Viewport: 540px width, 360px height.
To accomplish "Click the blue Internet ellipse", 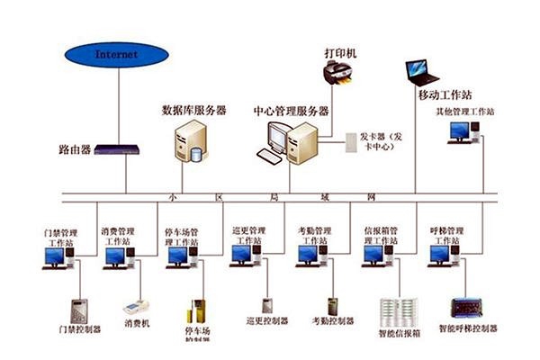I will [x=118, y=56].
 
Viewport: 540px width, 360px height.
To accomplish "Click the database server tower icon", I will [x=191, y=141].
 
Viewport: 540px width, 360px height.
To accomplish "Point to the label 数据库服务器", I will [x=193, y=110].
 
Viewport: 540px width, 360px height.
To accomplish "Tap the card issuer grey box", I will [x=350, y=140].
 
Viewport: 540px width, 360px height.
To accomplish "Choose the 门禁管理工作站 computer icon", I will [x=57, y=257].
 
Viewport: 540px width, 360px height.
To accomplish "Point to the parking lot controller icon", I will [x=196, y=311].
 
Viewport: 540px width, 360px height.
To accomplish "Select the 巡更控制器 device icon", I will [x=267, y=305].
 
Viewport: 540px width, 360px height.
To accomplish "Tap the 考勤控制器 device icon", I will [x=332, y=306].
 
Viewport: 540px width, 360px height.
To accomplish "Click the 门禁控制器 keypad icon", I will [x=79, y=310].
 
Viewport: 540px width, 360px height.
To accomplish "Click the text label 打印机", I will [x=341, y=53].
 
